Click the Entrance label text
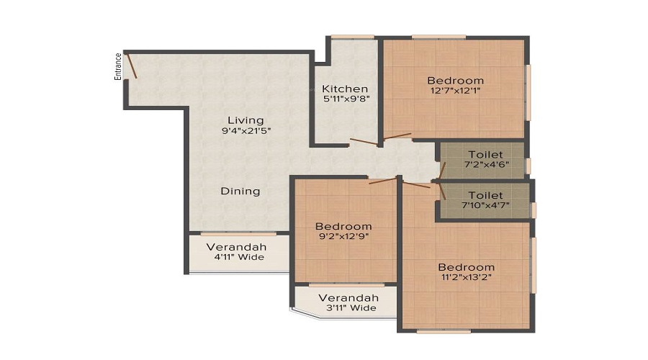point(118,66)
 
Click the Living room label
point(246,120)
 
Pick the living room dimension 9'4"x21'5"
point(246,130)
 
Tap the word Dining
point(240,191)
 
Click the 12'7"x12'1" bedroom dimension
point(455,91)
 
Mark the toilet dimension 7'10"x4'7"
point(485,206)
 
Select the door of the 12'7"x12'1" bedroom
point(397,136)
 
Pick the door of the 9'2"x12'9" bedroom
point(383,180)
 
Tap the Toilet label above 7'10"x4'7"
point(485,195)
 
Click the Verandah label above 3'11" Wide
point(348,297)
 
